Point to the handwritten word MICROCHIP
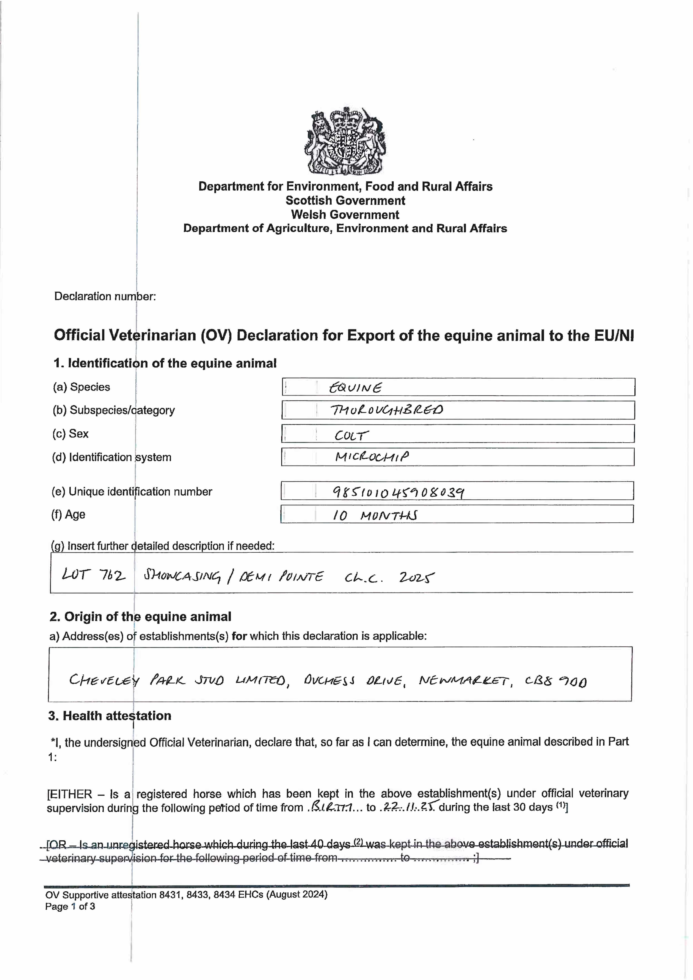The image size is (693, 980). (372, 457)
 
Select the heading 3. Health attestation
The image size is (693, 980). (110, 716)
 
